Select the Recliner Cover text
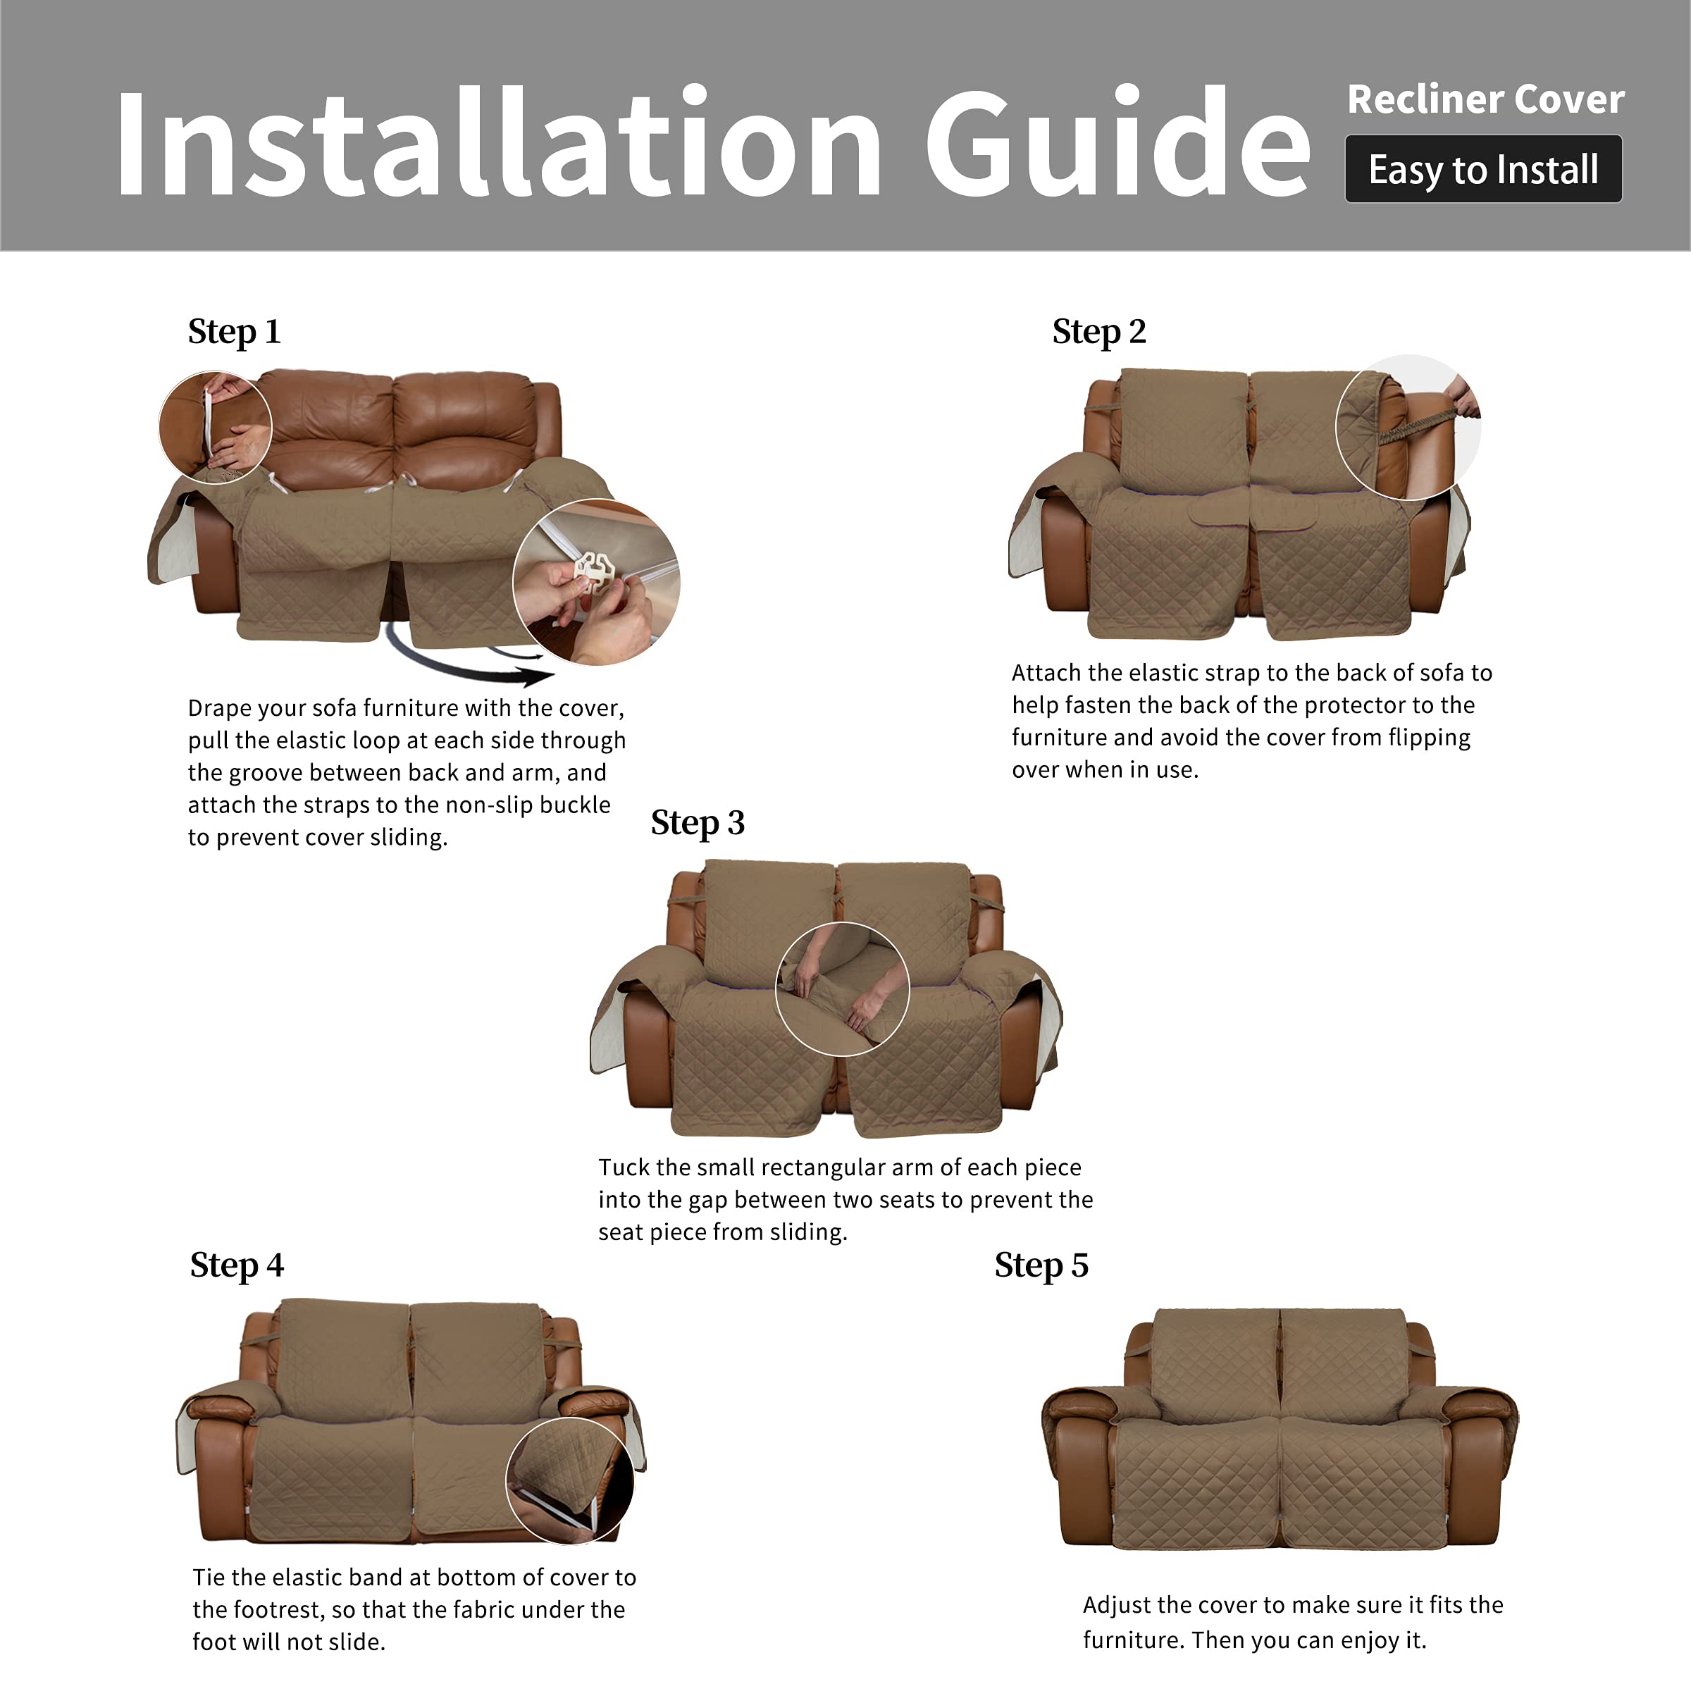point(1485,99)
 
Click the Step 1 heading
point(234,332)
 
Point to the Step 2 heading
point(1098,332)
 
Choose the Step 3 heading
point(697,823)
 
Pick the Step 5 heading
point(1041,1265)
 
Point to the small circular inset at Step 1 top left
point(216,426)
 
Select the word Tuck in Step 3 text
point(623,1167)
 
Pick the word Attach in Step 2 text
point(1046,673)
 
